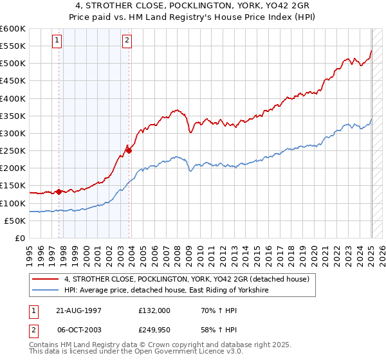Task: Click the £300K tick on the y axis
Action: click(x=13, y=134)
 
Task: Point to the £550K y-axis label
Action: click(x=13, y=46)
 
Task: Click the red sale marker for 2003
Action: click(x=129, y=150)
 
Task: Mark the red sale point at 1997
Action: click(x=59, y=192)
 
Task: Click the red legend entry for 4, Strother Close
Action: click(x=187, y=279)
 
